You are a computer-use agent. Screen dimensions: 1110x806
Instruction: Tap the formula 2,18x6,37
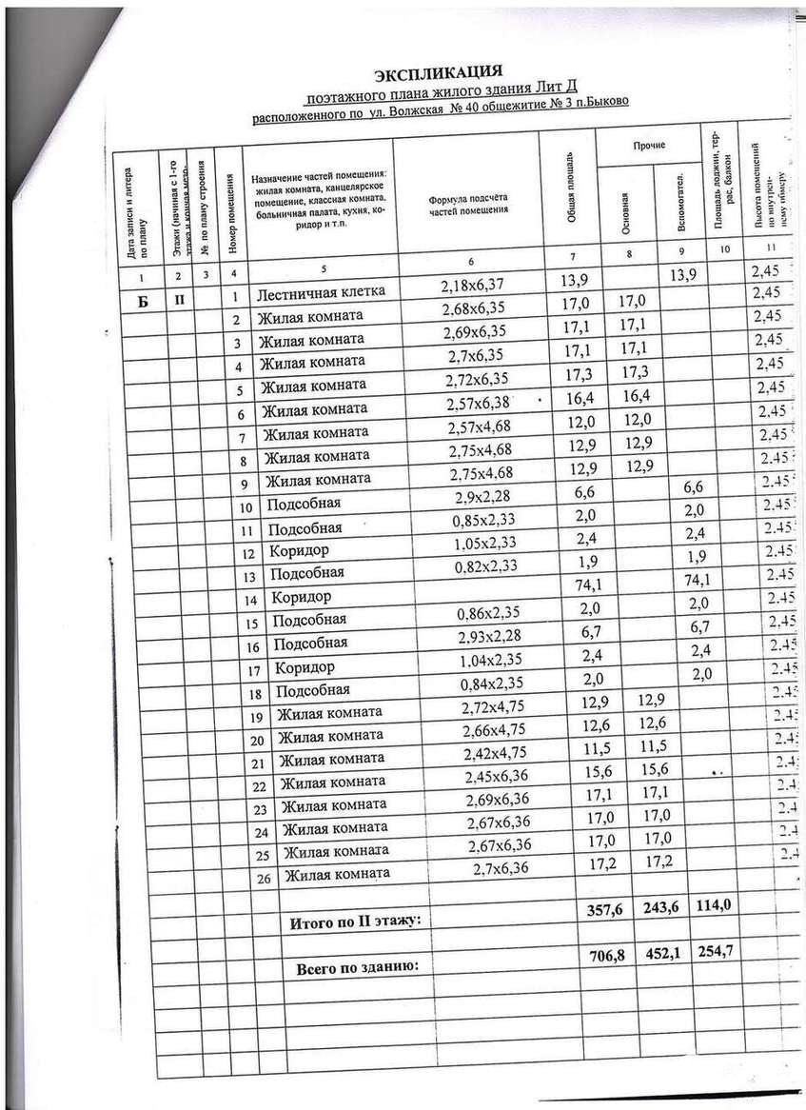point(471,285)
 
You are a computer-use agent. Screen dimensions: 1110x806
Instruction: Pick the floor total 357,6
point(604,911)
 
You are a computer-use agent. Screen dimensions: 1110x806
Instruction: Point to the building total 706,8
point(606,956)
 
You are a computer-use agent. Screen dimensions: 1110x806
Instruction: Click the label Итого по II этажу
point(354,922)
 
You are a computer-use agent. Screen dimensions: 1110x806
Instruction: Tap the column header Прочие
point(648,145)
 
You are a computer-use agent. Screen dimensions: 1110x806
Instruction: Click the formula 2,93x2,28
point(486,636)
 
